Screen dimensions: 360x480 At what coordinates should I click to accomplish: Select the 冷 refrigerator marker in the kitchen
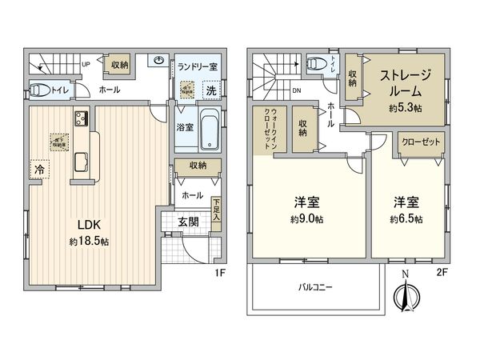click(x=38, y=169)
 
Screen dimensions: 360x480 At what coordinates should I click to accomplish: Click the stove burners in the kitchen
click(x=82, y=120)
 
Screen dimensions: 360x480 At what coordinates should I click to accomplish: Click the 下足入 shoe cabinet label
click(x=217, y=210)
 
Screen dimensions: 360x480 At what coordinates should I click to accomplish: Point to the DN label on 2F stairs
click(x=296, y=90)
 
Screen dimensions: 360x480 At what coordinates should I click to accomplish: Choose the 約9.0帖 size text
click(x=306, y=218)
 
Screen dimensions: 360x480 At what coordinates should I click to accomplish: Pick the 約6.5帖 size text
click(x=406, y=218)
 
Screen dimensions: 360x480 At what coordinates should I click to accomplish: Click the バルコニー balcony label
click(x=316, y=286)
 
